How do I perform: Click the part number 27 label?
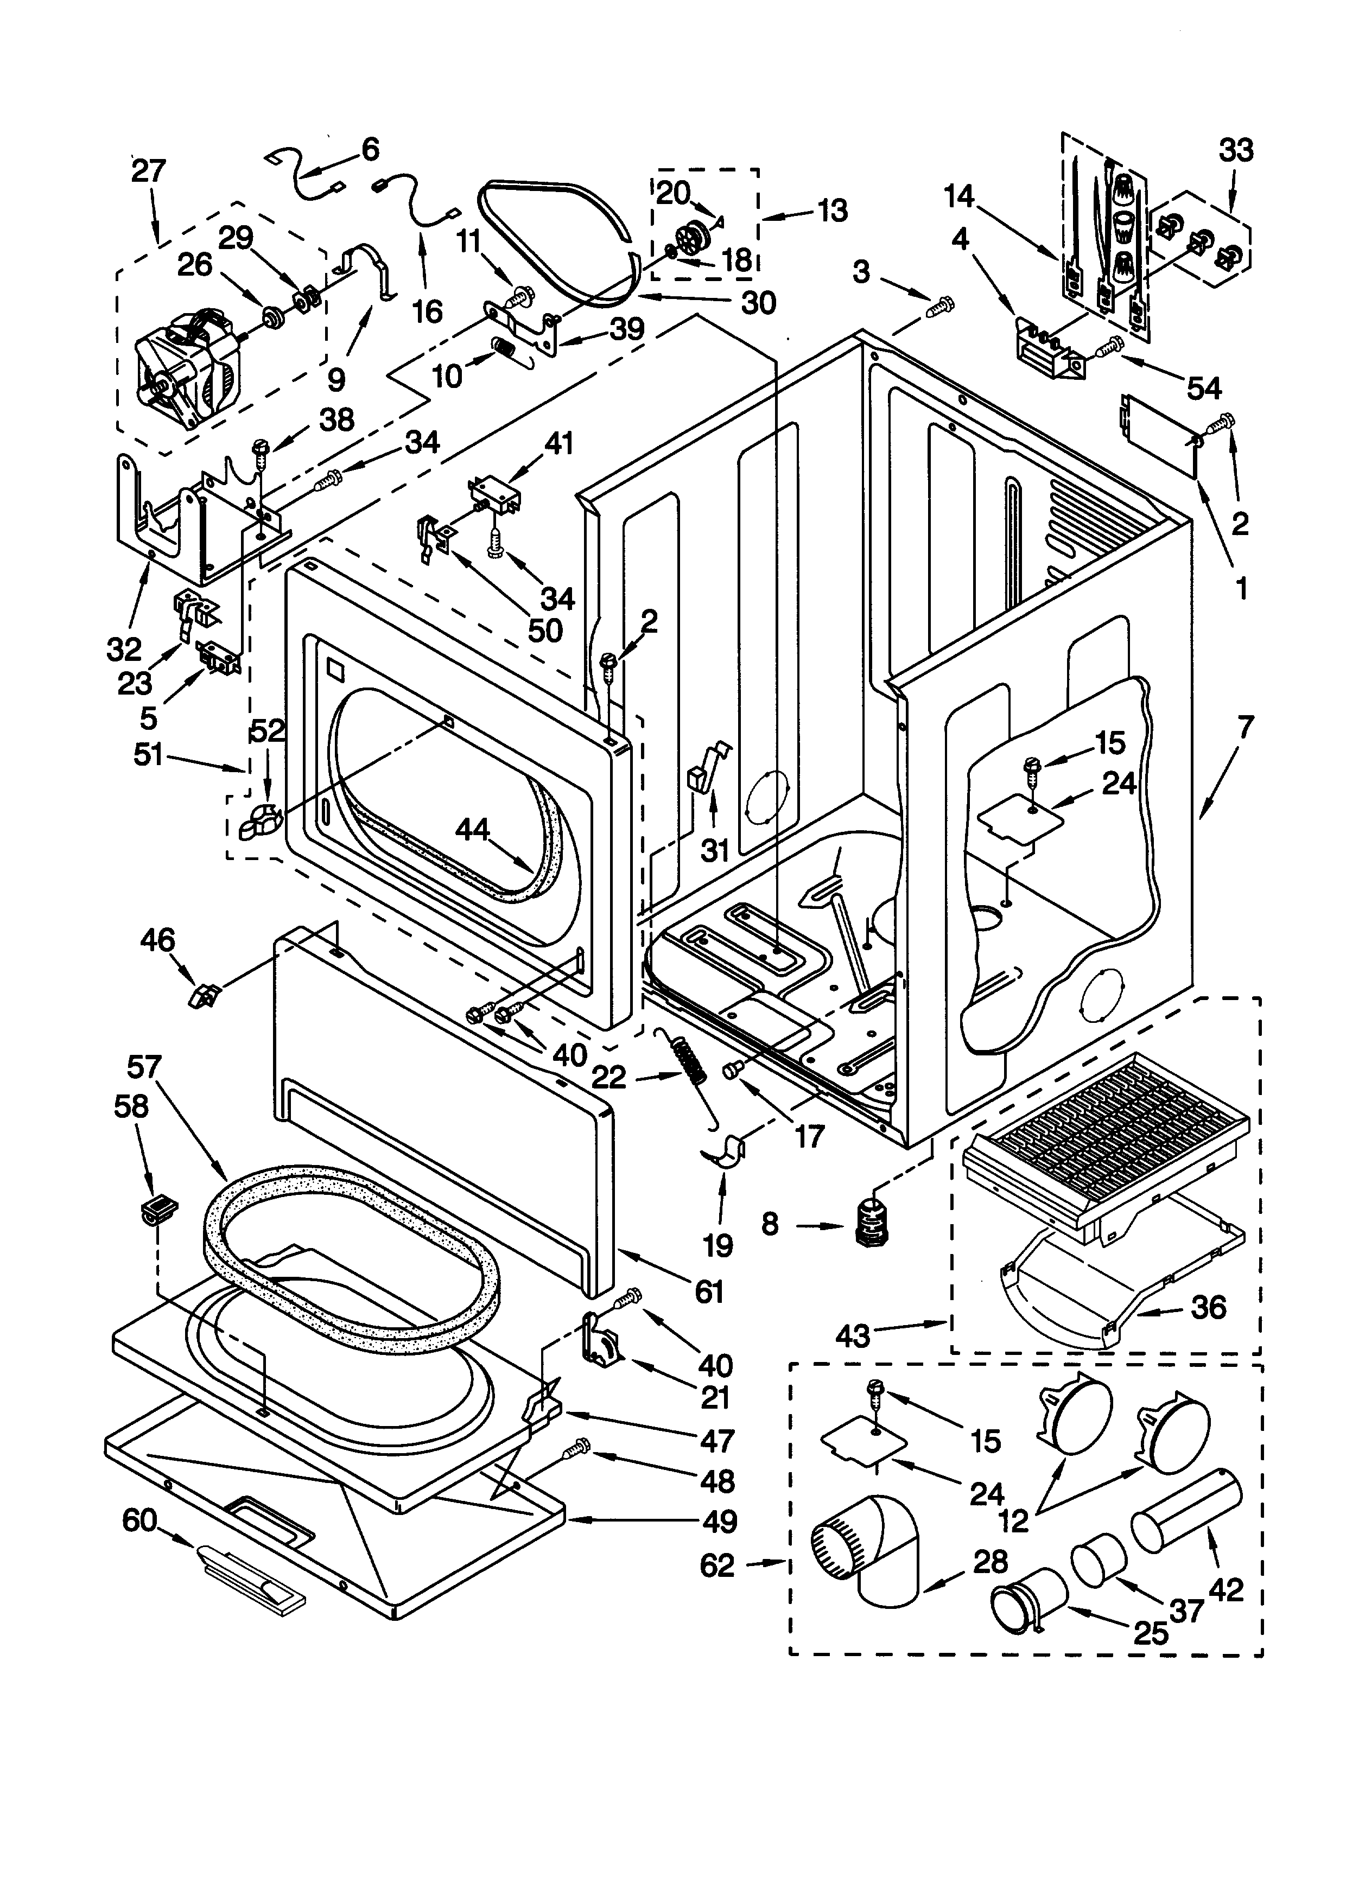coord(149,171)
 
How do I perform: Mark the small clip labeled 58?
coord(158,1213)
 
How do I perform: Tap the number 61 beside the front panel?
coord(709,1291)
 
